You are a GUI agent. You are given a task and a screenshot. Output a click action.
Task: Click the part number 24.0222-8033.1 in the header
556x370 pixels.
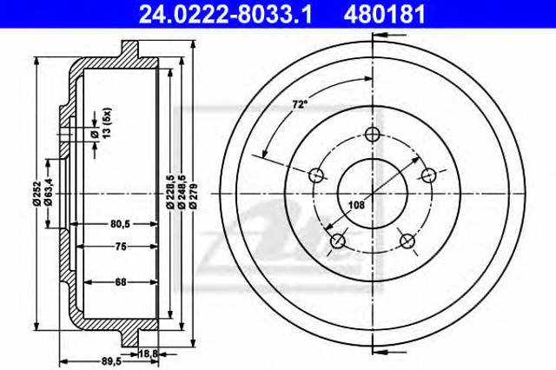tap(225, 15)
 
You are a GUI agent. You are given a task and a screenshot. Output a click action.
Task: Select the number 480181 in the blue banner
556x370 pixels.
tap(384, 15)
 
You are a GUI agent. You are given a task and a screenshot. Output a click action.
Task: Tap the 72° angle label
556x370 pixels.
tap(301, 105)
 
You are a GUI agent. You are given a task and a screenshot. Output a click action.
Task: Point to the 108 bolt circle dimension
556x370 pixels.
tap(356, 205)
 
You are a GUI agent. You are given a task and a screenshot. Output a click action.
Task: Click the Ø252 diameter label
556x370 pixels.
tap(36, 194)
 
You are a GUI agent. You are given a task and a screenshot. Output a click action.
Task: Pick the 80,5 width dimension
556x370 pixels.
tap(121, 223)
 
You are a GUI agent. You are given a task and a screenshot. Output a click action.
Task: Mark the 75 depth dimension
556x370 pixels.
tap(121, 246)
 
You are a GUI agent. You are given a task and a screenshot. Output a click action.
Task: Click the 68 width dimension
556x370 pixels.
tap(121, 282)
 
